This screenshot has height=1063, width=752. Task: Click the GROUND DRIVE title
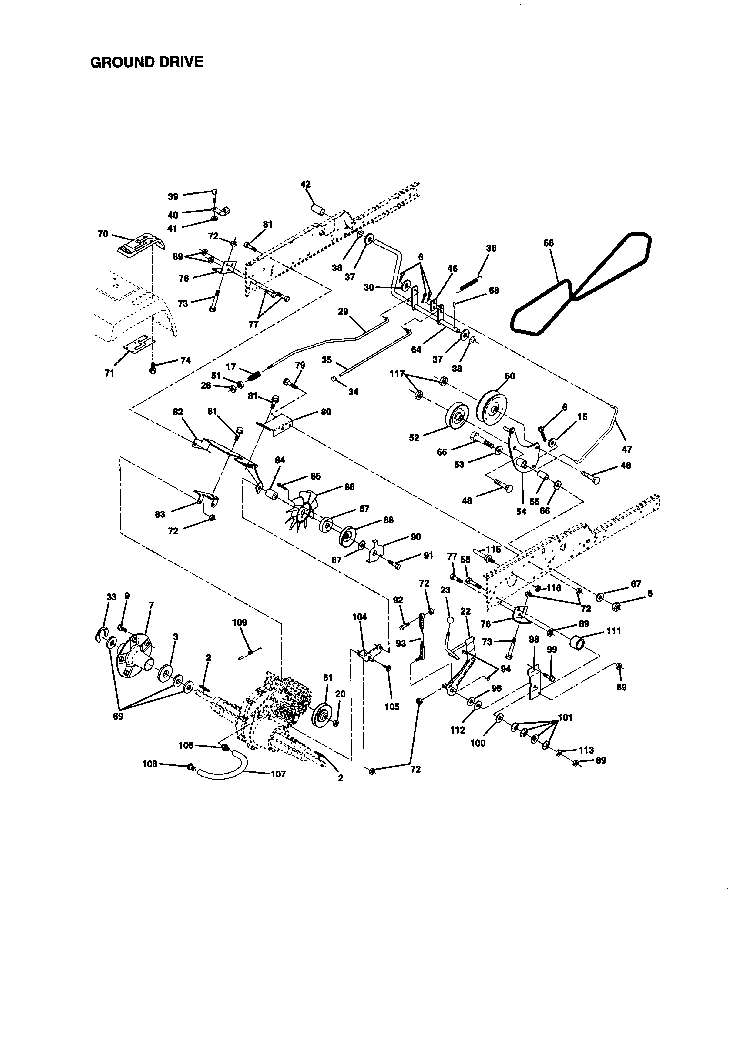coord(146,62)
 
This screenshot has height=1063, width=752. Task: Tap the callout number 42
coord(306,184)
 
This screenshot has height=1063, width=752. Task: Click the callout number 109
coord(240,623)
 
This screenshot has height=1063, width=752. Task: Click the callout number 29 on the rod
coord(343,312)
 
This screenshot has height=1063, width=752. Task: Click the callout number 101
coord(565,718)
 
